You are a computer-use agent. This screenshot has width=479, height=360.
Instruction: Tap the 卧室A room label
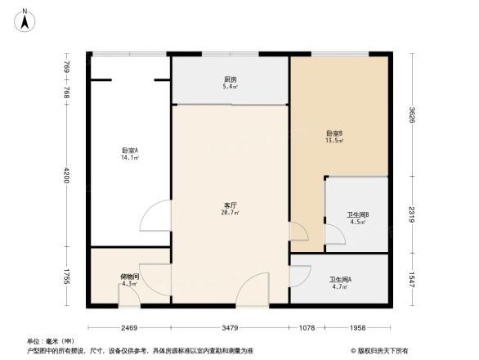pos(130,151)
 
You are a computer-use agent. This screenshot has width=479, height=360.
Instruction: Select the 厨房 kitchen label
pos(231,79)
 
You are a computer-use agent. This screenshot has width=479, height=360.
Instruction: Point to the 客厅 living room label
pos(231,205)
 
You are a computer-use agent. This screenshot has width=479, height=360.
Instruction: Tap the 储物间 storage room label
pos(130,277)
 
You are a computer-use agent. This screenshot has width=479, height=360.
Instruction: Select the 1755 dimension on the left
pos(68,276)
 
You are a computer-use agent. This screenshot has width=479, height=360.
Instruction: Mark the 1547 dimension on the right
pos(414,278)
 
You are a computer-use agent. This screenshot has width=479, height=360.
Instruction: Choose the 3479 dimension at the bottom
pos(231,328)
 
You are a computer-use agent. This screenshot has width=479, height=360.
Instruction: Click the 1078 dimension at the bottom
pos(307,328)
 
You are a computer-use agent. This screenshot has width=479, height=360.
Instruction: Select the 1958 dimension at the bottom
pos(356,328)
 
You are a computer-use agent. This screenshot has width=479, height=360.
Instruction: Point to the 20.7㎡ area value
pos(231,213)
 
